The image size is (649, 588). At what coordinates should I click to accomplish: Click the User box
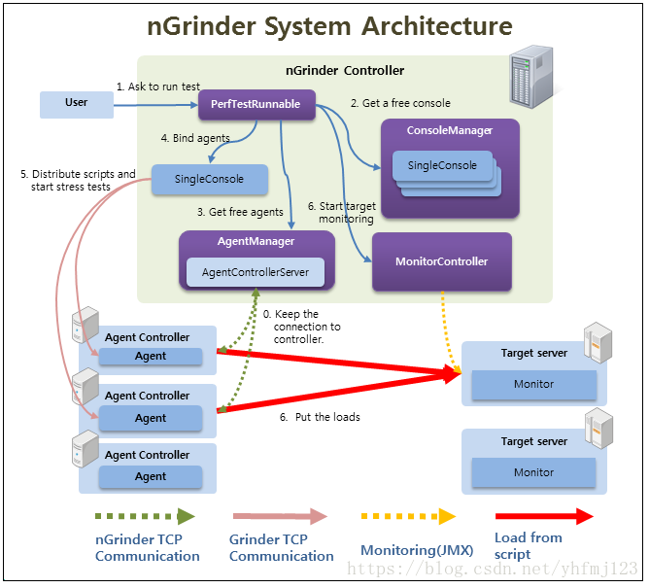(x=76, y=103)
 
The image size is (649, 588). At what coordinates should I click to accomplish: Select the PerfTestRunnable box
(x=256, y=104)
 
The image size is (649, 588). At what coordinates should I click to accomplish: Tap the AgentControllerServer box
(x=256, y=272)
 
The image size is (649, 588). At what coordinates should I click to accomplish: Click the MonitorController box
(x=441, y=261)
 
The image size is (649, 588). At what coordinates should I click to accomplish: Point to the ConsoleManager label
(x=450, y=130)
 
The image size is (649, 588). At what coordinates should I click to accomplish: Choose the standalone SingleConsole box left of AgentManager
(x=210, y=179)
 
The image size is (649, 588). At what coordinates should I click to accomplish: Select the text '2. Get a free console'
(x=400, y=103)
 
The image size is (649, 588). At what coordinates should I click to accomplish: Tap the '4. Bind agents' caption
(x=194, y=138)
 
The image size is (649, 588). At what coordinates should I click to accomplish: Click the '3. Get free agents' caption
(x=240, y=212)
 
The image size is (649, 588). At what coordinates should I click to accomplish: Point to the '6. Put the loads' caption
(x=320, y=417)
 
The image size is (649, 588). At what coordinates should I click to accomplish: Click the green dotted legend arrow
(x=145, y=516)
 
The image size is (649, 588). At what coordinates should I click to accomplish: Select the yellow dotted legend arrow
(x=407, y=516)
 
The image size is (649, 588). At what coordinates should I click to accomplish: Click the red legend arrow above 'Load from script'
(x=543, y=516)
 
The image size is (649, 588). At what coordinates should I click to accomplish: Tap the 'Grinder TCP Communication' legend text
(x=281, y=547)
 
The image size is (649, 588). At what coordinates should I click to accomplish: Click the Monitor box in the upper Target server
(x=533, y=385)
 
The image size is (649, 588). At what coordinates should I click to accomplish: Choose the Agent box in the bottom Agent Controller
(x=151, y=476)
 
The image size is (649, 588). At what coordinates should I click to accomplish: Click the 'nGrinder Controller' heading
(x=344, y=71)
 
